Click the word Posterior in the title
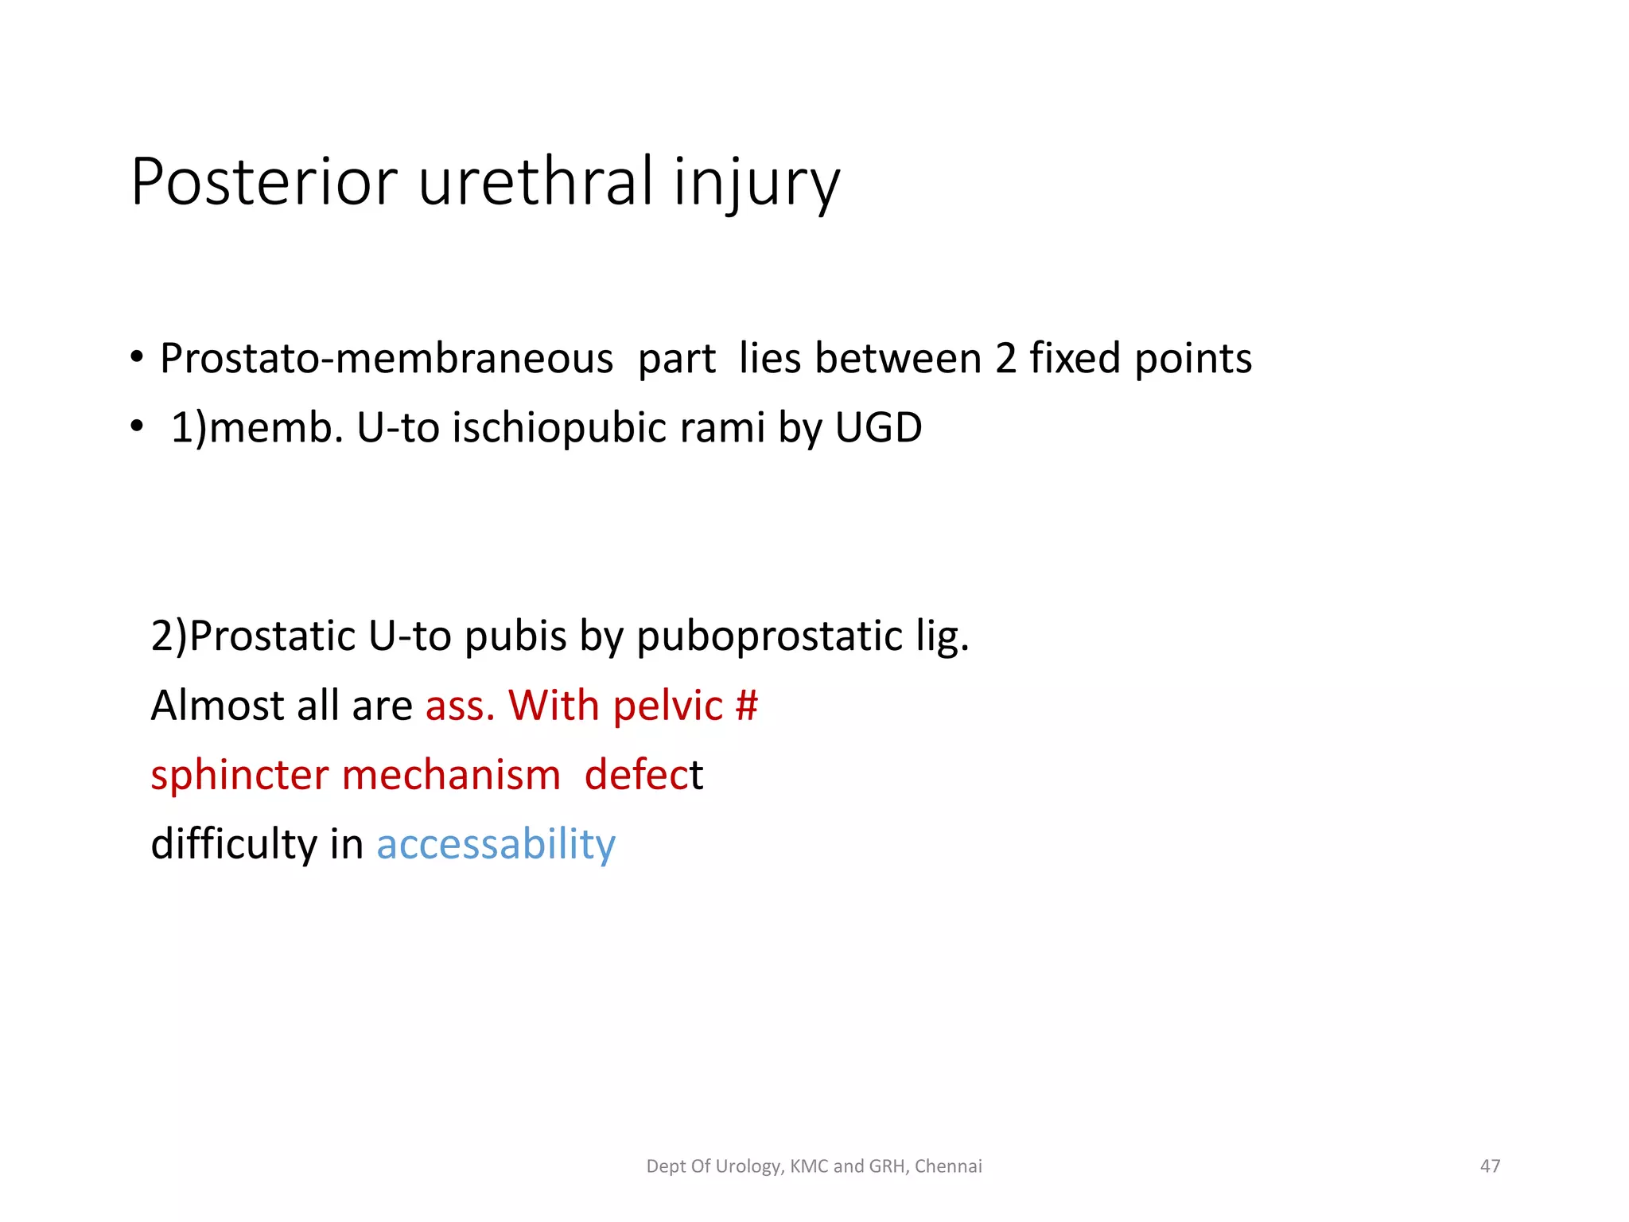tap(263, 182)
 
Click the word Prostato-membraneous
tap(387, 359)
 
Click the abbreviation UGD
tap(878, 428)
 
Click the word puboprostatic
tap(770, 636)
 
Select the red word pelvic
tap(667, 706)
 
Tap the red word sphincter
tap(239, 775)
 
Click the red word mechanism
tap(451, 775)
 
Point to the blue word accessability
tap(496, 844)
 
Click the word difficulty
tap(234, 844)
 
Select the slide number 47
tap(1490, 1166)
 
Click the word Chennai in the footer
tap(948, 1166)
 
